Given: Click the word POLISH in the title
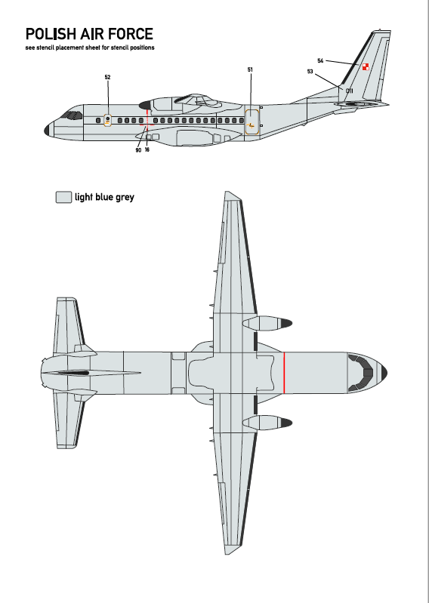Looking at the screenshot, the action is (51, 34).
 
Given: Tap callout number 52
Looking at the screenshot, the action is (107, 77).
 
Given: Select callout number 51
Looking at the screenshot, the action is (250, 69).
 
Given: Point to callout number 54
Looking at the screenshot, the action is (320, 61).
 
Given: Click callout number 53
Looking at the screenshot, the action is (310, 72).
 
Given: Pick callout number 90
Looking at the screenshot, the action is (138, 150).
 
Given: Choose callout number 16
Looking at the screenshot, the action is (147, 149).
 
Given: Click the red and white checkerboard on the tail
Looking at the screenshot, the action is (365, 67).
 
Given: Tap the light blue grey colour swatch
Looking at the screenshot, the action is (63, 197).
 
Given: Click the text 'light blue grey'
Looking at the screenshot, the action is (104, 197).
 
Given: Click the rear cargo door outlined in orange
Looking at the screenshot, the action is (252, 122).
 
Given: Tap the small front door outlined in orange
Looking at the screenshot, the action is (107, 120).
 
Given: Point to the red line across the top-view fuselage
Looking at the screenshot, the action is (284, 373).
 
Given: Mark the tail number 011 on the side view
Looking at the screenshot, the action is (350, 91).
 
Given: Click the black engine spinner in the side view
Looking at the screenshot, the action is (145, 105).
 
